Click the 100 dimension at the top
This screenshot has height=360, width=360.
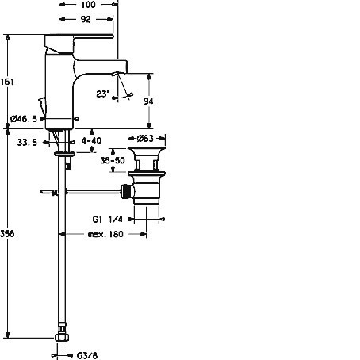pos(88,5)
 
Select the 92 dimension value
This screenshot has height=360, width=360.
pos(86,19)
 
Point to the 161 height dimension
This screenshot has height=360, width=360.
pos(7,82)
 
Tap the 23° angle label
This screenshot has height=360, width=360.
pos(102,94)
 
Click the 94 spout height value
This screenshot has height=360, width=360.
pos(148,101)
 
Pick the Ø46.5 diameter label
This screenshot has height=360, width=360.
pos(24,119)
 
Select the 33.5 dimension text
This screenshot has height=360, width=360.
pos(27,143)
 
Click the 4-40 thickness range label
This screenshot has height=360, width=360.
pos(91,140)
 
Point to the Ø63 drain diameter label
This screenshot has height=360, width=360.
pos(145,138)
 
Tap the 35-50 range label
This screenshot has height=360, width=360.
pos(113,160)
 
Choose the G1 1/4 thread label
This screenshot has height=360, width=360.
pos(108,220)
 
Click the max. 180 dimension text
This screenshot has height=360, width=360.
pos(105,234)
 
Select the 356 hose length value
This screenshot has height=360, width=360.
pos(7,234)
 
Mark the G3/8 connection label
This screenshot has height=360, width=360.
pos(87,355)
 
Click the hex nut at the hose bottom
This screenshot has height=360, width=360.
pos(62,337)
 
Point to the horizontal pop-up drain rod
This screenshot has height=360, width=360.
pos(81,191)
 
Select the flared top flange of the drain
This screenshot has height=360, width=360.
pos(147,151)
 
